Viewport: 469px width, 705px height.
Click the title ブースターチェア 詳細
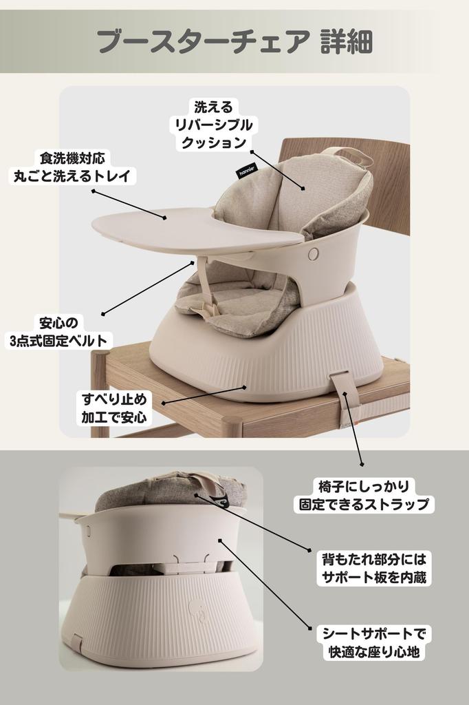[235, 41]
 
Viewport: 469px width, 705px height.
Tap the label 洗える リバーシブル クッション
[214, 125]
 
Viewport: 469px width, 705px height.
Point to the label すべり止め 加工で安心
[114, 408]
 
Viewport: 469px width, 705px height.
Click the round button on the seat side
[314, 254]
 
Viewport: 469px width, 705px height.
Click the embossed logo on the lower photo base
[197, 607]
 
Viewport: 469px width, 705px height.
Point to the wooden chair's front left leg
[100, 392]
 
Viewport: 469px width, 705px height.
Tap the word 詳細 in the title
[347, 41]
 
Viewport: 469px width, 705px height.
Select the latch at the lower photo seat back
[185, 566]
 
